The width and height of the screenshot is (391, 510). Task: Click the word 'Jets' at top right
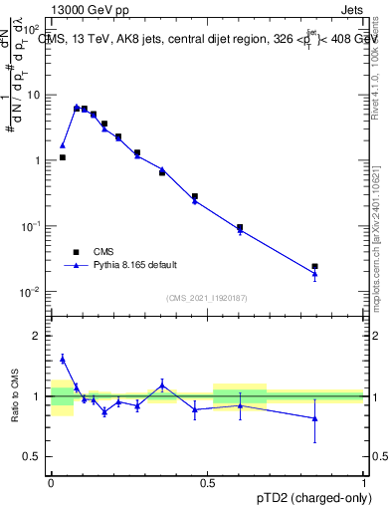point(350,9)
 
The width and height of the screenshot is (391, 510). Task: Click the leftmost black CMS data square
point(63,157)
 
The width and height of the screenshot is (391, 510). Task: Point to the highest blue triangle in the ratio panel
point(63,359)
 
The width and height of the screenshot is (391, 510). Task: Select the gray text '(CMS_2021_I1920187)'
point(208,297)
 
